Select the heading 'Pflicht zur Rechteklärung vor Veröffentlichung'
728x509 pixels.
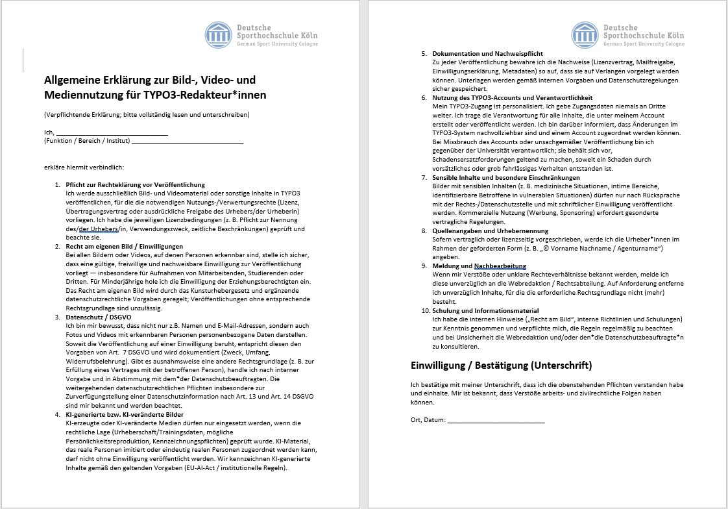[x=136, y=185]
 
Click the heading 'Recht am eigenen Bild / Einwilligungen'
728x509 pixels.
[x=125, y=247]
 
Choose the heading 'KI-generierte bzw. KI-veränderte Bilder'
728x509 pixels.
[x=125, y=414]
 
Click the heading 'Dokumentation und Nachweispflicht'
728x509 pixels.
[x=487, y=53]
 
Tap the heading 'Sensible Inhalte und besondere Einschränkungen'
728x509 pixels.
[x=506, y=177]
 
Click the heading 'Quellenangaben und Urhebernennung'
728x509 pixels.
[x=491, y=230]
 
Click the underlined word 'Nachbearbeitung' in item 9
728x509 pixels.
[x=500, y=266]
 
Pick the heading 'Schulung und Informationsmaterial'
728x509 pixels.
[x=486, y=310]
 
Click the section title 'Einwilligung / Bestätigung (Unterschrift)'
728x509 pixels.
[x=502, y=365]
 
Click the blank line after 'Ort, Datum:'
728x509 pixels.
[x=496, y=420]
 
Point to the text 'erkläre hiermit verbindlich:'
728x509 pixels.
[x=79, y=168]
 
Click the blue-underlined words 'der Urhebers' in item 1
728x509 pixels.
[x=98, y=229]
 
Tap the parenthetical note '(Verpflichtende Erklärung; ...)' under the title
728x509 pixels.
[x=147, y=115]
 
